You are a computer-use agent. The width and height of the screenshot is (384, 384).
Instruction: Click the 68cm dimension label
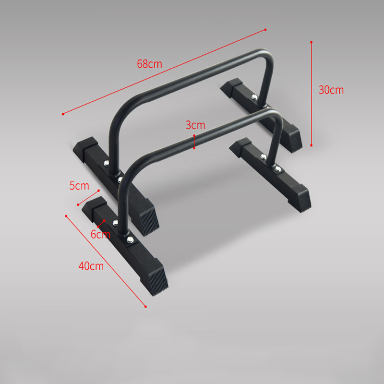point(149,64)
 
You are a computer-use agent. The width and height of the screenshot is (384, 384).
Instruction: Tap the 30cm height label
point(331,90)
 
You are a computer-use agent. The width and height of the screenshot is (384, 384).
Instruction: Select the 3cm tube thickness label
point(195,125)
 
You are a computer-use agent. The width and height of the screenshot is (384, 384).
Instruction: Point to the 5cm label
point(79,186)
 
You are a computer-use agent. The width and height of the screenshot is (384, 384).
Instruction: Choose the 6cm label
point(100,235)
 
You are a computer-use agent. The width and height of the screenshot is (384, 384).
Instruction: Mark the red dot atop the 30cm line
point(312,42)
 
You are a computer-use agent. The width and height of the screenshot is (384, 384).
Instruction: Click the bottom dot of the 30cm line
point(312,145)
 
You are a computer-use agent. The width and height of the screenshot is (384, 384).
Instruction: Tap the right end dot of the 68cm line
point(265,30)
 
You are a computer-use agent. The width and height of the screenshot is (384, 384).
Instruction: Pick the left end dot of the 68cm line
point(63,114)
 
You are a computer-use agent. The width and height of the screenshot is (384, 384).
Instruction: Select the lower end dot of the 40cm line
point(145,306)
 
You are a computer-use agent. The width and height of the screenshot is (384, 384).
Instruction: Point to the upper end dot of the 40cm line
point(65,216)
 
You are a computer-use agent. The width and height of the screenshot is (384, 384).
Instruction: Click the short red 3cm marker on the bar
point(194,142)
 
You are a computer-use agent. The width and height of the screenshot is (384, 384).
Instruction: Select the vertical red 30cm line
point(312,94)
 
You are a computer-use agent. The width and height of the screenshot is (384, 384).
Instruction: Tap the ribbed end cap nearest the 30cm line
point(293,139)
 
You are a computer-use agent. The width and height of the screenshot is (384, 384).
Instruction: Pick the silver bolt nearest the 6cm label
point(115,222)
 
